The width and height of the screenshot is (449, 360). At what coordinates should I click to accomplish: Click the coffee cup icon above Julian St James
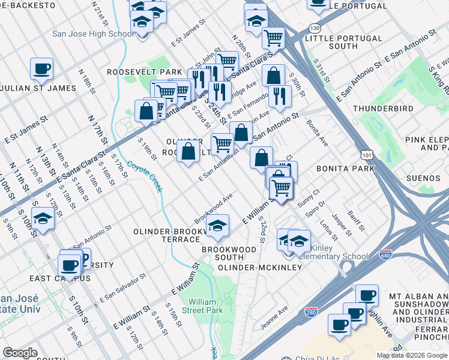point(41,69)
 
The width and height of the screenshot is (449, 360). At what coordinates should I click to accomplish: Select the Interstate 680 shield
point(385,255)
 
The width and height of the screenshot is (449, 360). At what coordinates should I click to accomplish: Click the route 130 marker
point(315,28)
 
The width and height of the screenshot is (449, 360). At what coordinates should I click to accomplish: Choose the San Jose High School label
point(93,34)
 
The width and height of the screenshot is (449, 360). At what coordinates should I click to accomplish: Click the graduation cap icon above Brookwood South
point(217,226)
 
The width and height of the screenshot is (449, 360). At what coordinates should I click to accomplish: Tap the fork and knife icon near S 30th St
point(280,95)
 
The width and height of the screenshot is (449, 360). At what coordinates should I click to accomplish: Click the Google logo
point(20,353)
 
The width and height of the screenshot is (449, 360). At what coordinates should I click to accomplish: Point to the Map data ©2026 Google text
point(412,355)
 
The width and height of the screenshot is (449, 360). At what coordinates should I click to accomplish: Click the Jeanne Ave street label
point(274,317)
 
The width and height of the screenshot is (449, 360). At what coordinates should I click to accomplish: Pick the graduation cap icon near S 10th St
point(43,219)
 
